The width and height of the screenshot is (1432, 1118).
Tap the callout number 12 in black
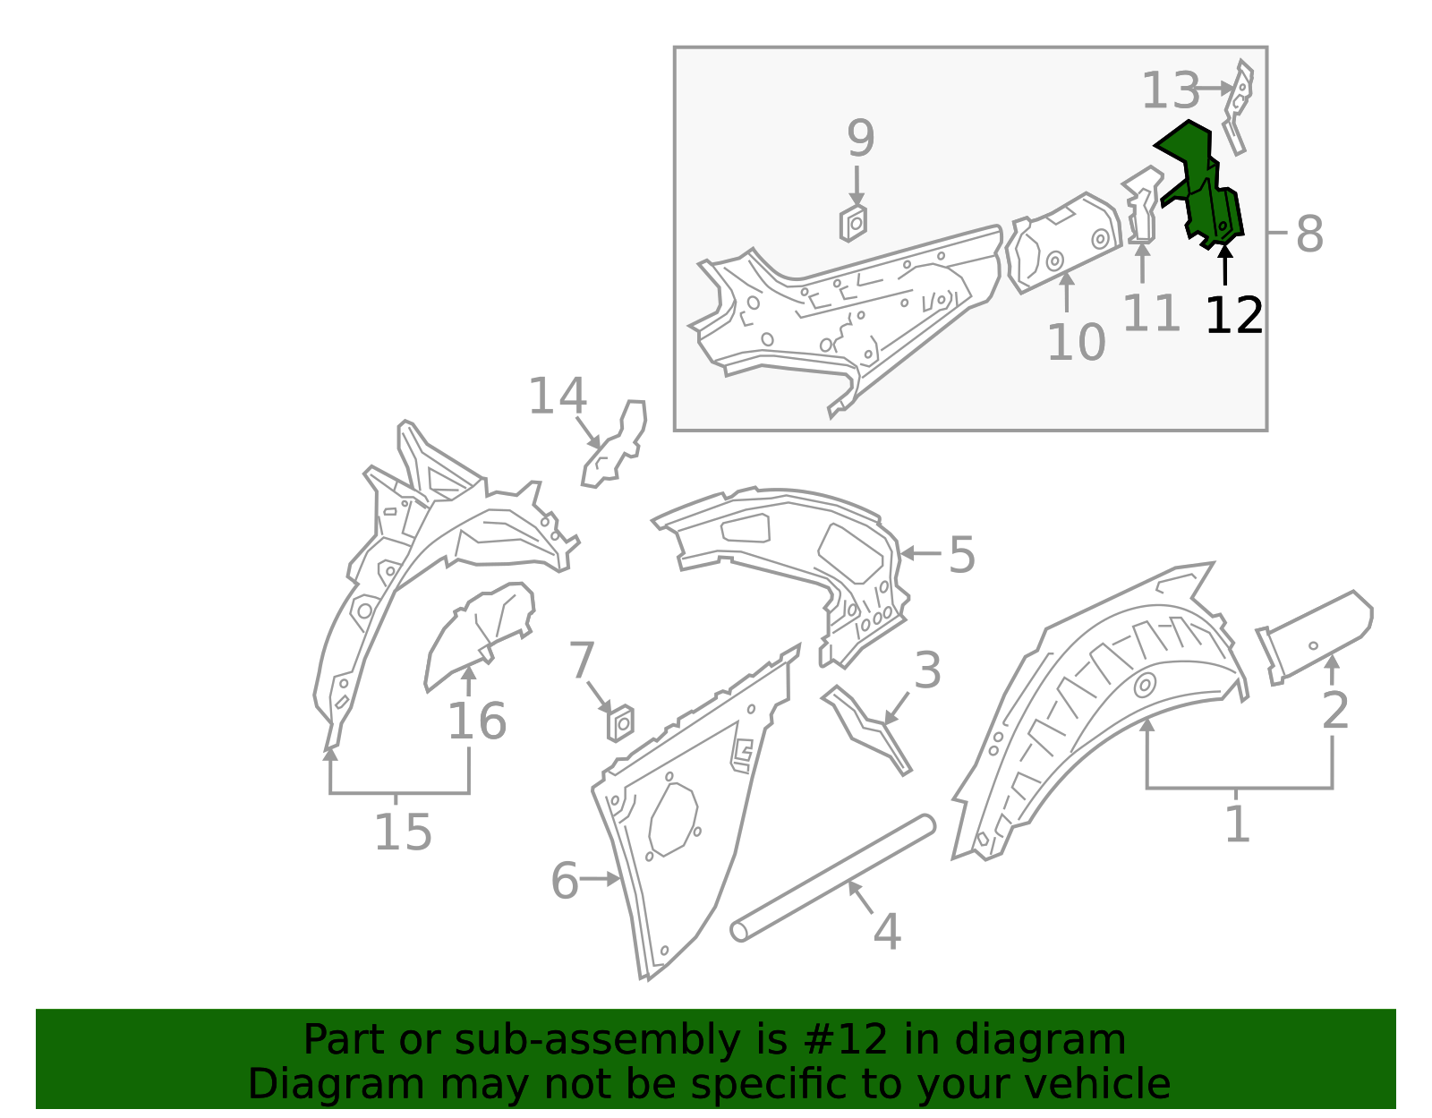coord(1233,315)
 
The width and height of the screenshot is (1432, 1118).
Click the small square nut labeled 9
coord(853,223)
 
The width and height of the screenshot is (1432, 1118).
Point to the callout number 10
coord(1076,342)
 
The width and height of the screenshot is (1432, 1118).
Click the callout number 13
coord(1170,90)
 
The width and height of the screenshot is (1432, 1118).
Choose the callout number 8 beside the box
coord(1308,235)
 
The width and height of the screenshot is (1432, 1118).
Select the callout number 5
coord(961,555)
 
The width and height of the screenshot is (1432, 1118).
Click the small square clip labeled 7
coord(620,721)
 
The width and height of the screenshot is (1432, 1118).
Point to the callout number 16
coord(476,721)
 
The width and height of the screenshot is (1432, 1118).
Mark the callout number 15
coord(402,832)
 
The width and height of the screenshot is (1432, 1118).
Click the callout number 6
coord(565,881)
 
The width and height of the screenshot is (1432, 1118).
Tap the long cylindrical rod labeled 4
coord(832,878)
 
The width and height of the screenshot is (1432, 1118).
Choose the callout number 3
coord(927,670)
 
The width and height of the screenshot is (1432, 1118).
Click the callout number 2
coord(1334,711)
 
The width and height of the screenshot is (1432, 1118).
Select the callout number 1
coord(1237,824)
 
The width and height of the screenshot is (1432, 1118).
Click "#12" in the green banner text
coord(839,1040)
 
